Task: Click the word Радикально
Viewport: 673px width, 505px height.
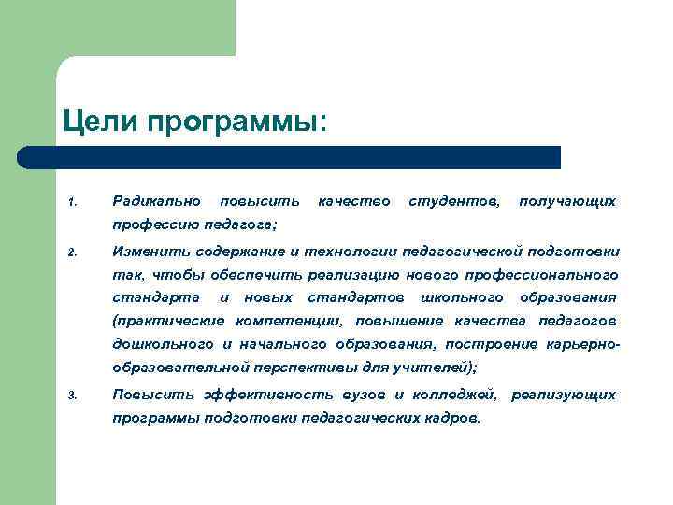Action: pyautogui.click(x=156, y=201)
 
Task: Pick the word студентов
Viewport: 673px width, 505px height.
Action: pyautogui.click(x=454, y=201)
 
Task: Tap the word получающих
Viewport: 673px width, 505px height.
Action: pyautogui.click(x=567, y=201)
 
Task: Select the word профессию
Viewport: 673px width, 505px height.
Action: pyautogui.click(x=153, y=224)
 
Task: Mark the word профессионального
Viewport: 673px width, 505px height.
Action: pyautogui.click(x=551, y=274)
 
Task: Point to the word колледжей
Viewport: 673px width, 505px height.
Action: pyautogui.click(x=454, y=395)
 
